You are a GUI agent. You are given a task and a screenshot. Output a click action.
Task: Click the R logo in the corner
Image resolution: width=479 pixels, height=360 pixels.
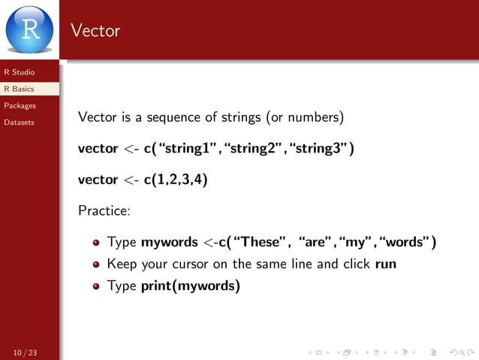tap(30, 29)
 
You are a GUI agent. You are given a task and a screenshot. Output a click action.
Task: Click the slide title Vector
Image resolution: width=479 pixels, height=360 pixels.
tap(95, 31)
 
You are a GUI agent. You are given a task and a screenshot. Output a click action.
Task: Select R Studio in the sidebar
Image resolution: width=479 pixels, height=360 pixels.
tap(19, 72)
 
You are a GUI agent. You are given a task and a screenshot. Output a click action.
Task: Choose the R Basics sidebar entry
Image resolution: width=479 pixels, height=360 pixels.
tap(19, 89)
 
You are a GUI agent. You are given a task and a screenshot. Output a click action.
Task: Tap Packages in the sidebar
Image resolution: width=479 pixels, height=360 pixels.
tap(20, 105)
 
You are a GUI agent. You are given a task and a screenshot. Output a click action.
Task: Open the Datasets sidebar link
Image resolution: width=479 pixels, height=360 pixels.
tap(19, 122)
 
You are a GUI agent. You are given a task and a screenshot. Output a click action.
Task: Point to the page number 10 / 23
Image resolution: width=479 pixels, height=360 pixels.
tap(25, 352)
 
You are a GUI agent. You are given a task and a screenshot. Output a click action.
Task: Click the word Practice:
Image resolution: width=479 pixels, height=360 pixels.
tap(104, 210)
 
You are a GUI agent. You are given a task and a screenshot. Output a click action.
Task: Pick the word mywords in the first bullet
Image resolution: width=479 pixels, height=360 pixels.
tap(169, 243)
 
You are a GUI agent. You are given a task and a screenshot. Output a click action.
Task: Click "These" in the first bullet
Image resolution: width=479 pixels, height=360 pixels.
tap(262, 242)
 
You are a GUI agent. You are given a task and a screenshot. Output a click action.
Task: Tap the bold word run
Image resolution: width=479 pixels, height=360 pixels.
tap(386, 264)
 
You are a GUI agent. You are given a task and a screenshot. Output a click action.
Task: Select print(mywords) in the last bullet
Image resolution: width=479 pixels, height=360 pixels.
tap(191, 286)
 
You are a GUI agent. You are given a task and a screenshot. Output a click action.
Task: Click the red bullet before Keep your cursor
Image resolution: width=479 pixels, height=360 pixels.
tap(96, 265)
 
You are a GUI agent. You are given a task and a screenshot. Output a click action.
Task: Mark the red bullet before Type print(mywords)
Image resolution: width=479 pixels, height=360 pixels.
tap(96, 286)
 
